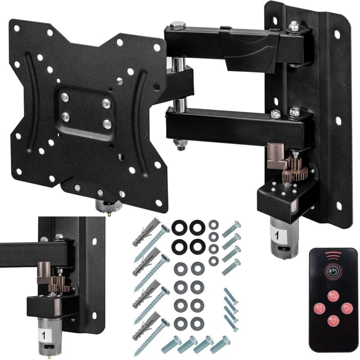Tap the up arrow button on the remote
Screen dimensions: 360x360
point(333,296)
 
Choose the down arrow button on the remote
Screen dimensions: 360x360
point(333,321)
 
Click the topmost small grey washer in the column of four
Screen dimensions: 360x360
point(213,225)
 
